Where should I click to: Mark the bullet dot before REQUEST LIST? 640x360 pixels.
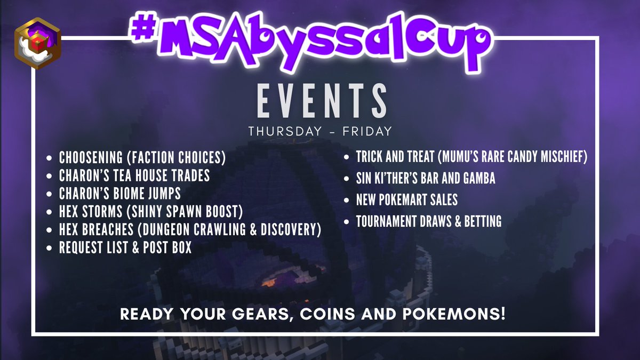(x=50, y=248)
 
